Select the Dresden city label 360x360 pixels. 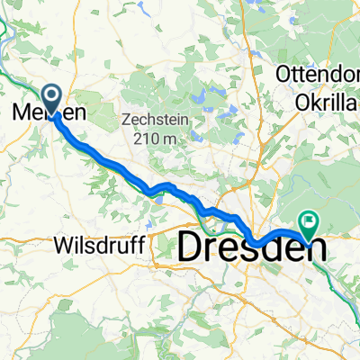pos(252,247)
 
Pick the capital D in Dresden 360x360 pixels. pos(193,247)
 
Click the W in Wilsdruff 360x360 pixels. pos(62,245)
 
